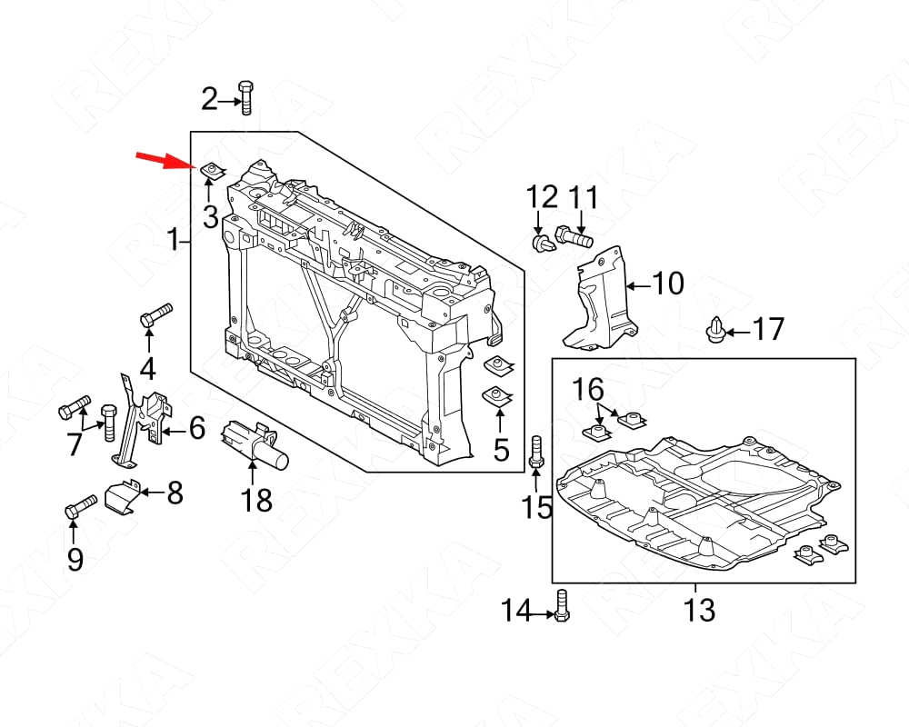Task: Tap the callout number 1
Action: click(173, 241)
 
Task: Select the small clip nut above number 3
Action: click(212, 169)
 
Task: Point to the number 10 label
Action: click(668, 284)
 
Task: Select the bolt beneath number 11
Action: click(573, 239)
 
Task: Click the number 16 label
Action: click(587, 391)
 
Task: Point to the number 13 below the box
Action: click(700, 610)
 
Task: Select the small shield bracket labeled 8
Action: click(125, 495)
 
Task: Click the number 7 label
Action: click(75, 444)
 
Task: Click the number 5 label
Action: click(501, 449)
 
